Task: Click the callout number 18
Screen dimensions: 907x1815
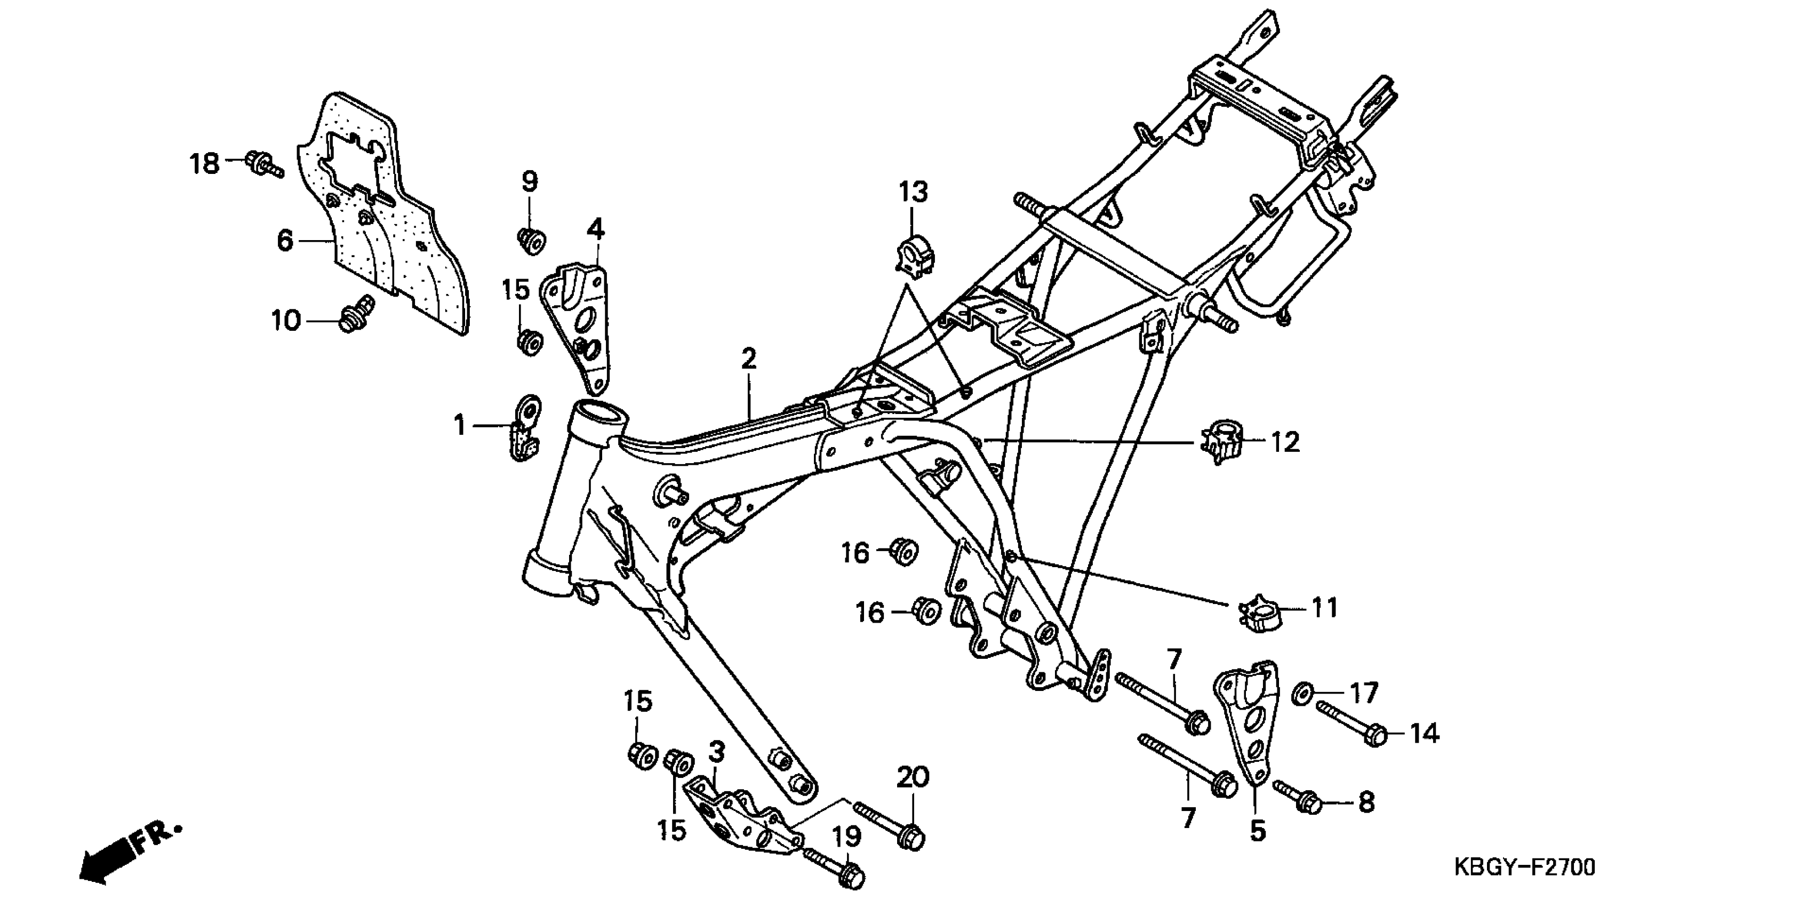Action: (205, 164)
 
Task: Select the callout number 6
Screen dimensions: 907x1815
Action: (285, 240)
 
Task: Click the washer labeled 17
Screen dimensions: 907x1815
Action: (1301, 694)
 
